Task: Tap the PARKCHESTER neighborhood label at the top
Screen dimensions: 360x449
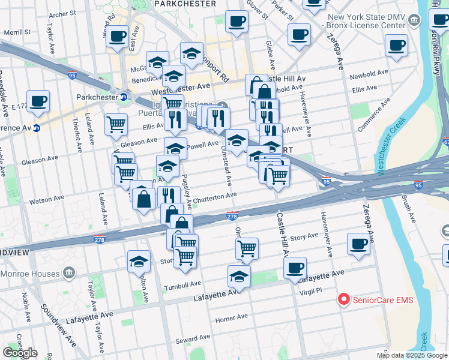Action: click(x=185, y=4)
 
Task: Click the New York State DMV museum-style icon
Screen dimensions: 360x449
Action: click(x=414, y=22)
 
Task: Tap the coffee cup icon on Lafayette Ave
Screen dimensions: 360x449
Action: click(x=295, y=268)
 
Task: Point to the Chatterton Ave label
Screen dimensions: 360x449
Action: click(x=215, y=196)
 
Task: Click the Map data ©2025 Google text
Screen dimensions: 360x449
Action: click(x=412, y=355)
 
